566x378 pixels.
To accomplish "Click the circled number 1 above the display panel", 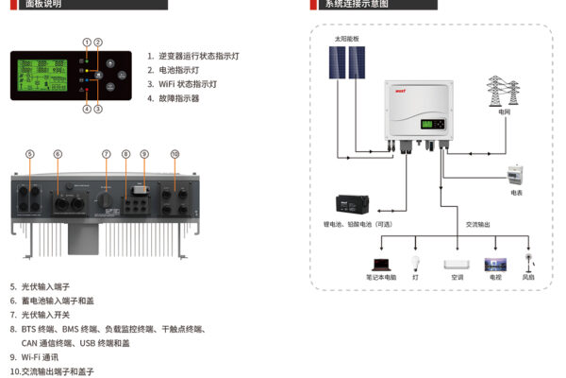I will [87, 43].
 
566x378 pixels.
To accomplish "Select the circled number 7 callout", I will [107, 154].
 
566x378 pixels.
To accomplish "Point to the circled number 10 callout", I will [175, 154].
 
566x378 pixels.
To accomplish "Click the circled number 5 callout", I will [30, 154].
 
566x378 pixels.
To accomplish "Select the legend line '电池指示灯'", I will [179, 70].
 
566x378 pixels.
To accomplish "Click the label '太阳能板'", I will [346, 39].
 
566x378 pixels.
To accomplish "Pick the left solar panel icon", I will [337, 63].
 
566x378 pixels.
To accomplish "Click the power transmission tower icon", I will [503, 91].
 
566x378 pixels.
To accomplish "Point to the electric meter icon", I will [515, 176].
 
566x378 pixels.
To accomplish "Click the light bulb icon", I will [415, 264].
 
